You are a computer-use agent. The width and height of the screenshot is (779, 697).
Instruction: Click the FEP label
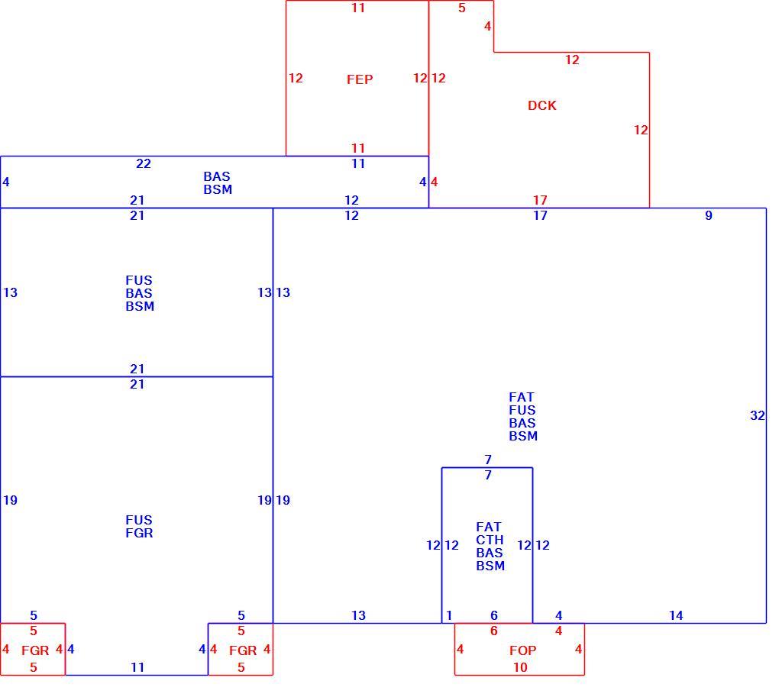tap(360, 79)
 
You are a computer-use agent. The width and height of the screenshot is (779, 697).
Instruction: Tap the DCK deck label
tap(542, 105)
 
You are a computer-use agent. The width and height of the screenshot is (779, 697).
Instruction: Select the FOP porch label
tap(522, 650)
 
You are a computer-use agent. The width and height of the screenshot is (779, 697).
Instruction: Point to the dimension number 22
tap(144, 163)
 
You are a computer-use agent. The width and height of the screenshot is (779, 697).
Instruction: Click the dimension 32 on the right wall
tap(757, 415)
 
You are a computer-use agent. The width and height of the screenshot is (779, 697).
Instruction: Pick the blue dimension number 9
tap(709, 215)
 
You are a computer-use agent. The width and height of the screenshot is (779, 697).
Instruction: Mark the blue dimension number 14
tap(676, 615)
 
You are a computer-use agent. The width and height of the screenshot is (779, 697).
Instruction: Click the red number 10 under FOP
tap(520, 667)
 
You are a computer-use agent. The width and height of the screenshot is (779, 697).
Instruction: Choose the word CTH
tap(490, 540)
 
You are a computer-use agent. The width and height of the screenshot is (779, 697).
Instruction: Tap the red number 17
tap(540, 200)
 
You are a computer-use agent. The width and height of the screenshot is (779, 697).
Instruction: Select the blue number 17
tap(540, 215)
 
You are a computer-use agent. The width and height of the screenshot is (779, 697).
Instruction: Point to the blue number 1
tap(449, 615)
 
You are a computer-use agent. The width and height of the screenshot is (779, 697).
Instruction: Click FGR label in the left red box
tap(35, 650)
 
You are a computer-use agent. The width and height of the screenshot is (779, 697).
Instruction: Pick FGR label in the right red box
tap(243, 650)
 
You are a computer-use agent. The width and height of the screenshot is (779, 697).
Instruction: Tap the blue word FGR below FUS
tap(139, 533)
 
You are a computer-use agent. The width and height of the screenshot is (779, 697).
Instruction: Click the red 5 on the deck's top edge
tap(462, 8)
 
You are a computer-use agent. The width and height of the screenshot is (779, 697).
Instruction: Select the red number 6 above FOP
tap(494, 631)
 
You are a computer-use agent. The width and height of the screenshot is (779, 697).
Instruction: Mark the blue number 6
tap(494, 615)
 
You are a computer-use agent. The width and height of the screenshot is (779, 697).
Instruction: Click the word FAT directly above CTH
tap(489, 527)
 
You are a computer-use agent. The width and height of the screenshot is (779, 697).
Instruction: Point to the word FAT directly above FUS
tap(521, 397)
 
